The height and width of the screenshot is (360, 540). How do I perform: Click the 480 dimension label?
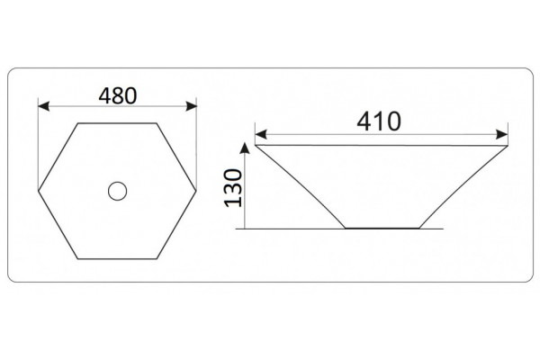point(117,95)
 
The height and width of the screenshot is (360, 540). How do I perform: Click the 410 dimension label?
point(379,121)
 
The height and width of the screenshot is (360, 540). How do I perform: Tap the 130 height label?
point(233,188)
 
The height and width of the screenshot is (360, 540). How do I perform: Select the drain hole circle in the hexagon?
point(117,191)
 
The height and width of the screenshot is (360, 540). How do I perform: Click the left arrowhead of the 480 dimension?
point(43,106)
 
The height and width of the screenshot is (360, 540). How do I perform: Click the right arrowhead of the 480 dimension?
point(191,106)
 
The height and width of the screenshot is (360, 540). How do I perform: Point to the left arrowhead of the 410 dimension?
point(261,134)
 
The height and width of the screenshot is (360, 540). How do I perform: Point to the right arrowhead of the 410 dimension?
point(502,134)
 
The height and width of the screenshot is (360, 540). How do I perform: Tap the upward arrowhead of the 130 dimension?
point(245,148)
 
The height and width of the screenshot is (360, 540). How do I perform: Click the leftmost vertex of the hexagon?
point(38,190)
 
